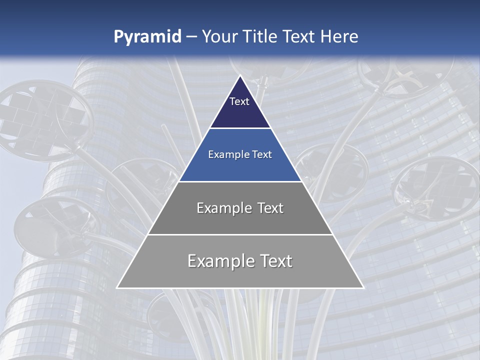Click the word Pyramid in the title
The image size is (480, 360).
(x=147, y=37)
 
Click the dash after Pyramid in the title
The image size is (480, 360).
(x=191, y=37)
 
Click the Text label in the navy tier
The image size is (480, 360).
(x=239, y=101)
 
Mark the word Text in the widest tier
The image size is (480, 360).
(x=274, y=261)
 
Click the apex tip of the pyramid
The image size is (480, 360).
(x=240, y=76)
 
